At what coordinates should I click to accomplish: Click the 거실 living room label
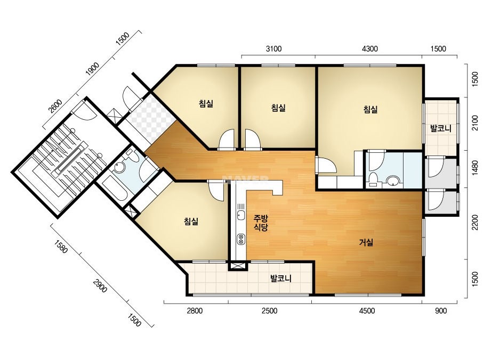(x=366, y=242)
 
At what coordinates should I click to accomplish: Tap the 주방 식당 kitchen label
(x=261, y=223)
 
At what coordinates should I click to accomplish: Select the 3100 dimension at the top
(x=273, y=48)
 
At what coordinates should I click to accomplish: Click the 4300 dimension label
(x=370, y=48)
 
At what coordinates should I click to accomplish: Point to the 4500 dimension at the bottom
(x=367, y=311)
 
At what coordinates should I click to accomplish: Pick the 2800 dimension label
(x=195, y=311)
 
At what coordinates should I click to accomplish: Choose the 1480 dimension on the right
(x=475, y=168)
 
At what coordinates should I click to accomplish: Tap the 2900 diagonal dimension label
(x=100, y=285)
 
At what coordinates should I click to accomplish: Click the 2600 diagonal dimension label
(x=55, y=106)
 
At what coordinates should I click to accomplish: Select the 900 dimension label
(x=441, y=311)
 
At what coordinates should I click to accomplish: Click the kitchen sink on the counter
(x=241, y=215)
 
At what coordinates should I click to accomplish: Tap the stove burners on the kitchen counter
(x=241, y=239)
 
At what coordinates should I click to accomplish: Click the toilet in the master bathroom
(x=373, y=179)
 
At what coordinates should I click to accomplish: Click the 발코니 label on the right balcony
(x=440, y=128)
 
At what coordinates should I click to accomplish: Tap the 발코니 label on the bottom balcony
(x=281, y=278)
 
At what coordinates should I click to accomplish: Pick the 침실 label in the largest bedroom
(x=370, y=109)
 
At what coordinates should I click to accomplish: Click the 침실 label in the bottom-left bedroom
(x=191, y=222)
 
